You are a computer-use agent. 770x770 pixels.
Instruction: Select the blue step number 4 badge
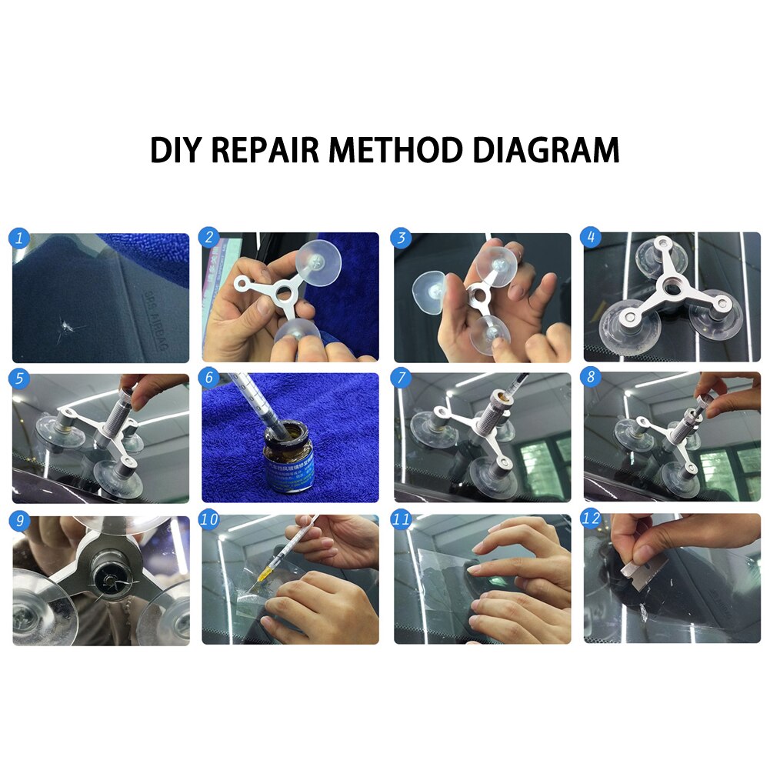click(x=592, y=238)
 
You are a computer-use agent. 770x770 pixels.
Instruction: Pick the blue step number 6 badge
click(x=209, y=380)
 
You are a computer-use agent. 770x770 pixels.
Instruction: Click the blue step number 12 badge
click(x=592, y=520)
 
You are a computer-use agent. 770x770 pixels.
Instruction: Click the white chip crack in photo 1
click(x=65, y=329)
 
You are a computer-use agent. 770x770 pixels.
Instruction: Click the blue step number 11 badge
click(x=401, y=520)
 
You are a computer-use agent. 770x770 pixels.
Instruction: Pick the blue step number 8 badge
click(x=592, y=380)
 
